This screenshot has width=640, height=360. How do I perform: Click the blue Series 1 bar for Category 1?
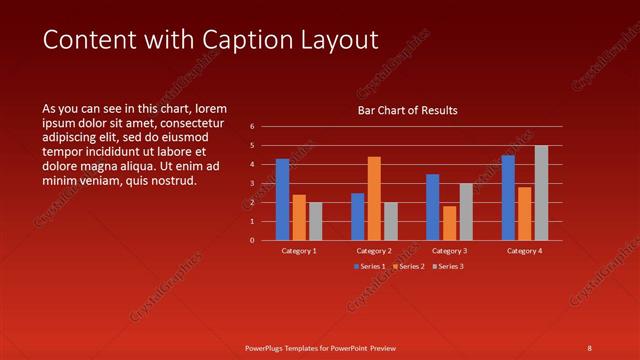[282, 200]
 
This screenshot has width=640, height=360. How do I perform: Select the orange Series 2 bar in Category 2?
[374, 199]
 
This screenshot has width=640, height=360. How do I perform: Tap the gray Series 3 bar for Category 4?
[541, 193]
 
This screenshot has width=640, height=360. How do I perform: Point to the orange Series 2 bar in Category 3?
[449, 223]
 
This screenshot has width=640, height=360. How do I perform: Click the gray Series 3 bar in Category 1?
[315, 221]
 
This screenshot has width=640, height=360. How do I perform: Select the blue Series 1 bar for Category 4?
[508, 198]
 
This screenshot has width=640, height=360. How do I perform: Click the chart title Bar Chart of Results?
[407, 111]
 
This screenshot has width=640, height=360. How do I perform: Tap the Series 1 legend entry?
[370, 266]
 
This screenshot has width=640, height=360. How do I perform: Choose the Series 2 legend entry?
[409, 266]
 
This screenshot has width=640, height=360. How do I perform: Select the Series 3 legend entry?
[449, 266]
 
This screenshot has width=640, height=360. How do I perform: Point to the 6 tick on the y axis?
[252, 127]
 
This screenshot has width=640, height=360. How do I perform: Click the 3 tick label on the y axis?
[252, 183]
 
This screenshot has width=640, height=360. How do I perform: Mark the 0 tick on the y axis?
[252, 240]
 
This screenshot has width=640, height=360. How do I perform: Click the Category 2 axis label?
[374, 250]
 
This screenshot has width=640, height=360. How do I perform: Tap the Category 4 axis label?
[524, 250]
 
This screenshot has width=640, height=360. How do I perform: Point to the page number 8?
[589, 347]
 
